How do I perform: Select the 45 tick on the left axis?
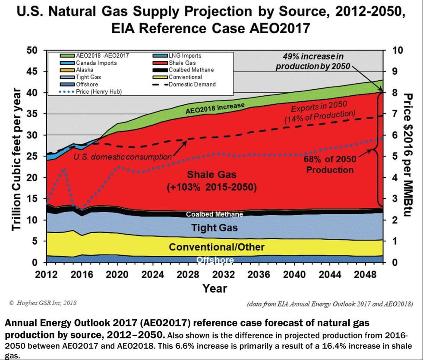(x=32, y=71)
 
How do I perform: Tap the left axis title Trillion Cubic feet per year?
(x=16, y=159)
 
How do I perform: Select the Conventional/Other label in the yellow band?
(x=216, y=247)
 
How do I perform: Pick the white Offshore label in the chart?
(x=215, y=260)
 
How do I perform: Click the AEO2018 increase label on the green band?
(x=216, y=107)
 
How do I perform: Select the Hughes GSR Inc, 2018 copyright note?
(x=42, y=303)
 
